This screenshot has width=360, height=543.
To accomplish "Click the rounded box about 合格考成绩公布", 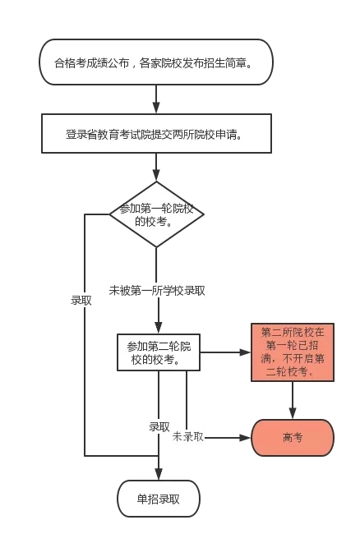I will [x=156, y=62].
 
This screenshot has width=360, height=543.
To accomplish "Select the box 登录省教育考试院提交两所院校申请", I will [x=156, y=133].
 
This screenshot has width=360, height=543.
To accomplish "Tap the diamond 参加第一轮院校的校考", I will [x=156, y=214].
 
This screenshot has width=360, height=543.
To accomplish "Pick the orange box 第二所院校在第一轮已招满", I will [x=292, y=352].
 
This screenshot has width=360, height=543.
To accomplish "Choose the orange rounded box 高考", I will [x=292, y=438].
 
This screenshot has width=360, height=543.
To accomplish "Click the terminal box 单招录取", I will [x=158, y=498].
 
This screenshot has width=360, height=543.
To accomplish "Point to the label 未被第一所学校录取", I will [x=157, y=290].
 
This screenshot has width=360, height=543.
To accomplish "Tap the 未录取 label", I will [x=187, y=437].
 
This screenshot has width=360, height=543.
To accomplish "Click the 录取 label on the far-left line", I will [x=81, y=300].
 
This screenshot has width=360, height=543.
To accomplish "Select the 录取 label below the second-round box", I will [x=159, y=426].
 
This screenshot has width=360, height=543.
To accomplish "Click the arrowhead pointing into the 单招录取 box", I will [x=157, y=474].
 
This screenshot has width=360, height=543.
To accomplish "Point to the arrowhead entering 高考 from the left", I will [x=246, y=438].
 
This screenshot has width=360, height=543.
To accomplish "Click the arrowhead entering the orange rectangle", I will [x=246, y=352].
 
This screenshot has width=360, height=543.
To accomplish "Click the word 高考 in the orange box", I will [x=292, y=438].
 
